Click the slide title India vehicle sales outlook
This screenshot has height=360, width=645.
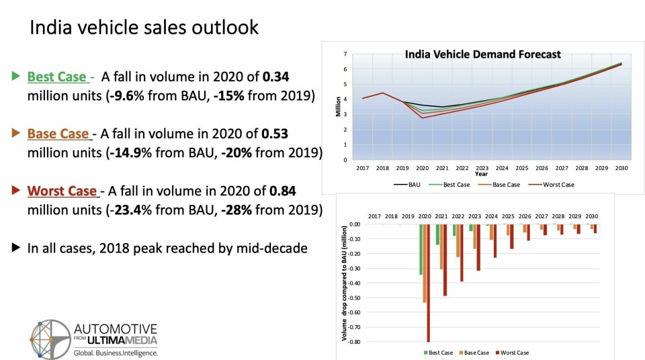click(144, 28)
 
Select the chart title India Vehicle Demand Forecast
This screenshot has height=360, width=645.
click(482, 54)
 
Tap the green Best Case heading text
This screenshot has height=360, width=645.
click(57, 77)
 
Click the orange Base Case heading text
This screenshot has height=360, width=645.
click(58, 134)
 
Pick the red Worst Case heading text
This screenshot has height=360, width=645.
click(62, 191)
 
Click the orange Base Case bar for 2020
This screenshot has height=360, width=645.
click(425, 263)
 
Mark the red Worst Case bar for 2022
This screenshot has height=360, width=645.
click(462, 253)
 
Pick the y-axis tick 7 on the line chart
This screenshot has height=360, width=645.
click(345, 53)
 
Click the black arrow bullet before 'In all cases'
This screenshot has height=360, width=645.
click(15, 248)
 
